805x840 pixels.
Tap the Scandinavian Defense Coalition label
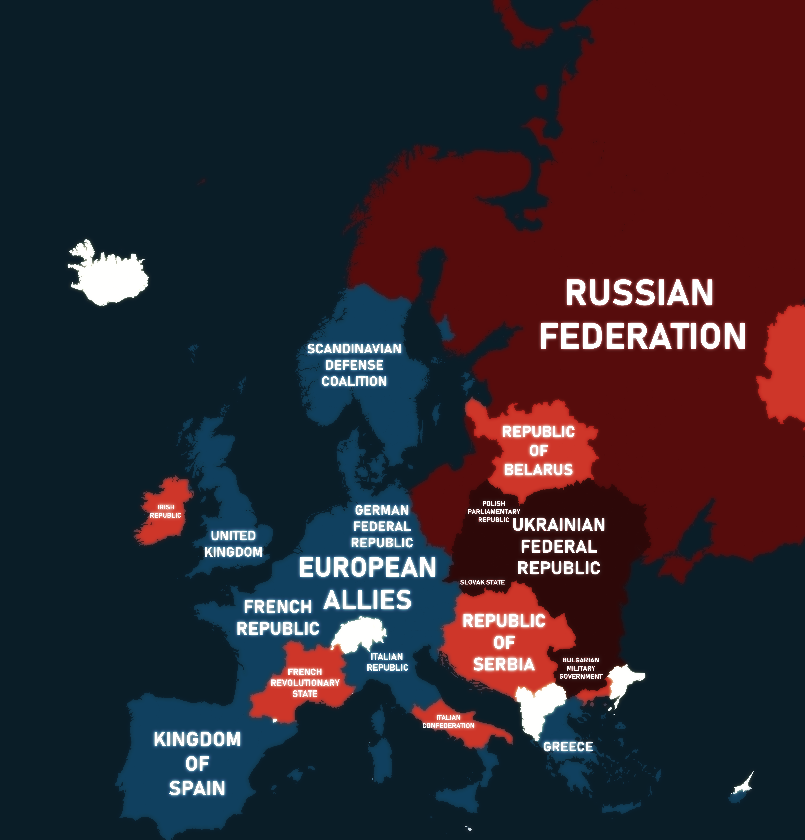click(354, 365)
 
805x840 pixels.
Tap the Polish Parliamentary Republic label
click(494, 512)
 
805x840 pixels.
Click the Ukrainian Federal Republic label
click(559, 546)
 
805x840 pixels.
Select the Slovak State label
click(482, 582)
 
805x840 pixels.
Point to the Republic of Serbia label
click(504, 642)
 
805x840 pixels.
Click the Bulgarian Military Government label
click(581, 668)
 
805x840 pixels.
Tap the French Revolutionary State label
click(305, 683)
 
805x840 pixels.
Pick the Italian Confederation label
click(448, 721)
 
